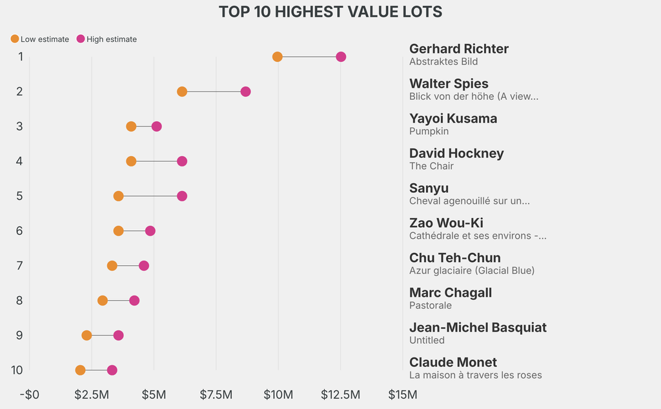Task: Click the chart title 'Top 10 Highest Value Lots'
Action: (330, 12)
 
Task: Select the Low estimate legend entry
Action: (39, 39)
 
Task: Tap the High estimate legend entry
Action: (107, 39)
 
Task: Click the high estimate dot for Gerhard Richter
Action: (341, 57)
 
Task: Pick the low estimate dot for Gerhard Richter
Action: (278, 57)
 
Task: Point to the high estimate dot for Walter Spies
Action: (245, 92)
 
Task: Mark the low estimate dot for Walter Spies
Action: (182, 92)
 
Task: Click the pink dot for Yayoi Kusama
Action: (156, 126)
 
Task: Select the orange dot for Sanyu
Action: (118, 196)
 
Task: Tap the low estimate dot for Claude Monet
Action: (80, 370)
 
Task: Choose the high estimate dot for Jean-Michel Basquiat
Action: (118, 335)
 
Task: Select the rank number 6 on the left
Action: (20, 231)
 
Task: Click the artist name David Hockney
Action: (456, 154)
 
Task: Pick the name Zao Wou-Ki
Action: (446, 223)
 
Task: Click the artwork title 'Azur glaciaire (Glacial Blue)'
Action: (472, 270)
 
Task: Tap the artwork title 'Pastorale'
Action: (431, 305)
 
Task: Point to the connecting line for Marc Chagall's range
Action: (118, 301)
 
